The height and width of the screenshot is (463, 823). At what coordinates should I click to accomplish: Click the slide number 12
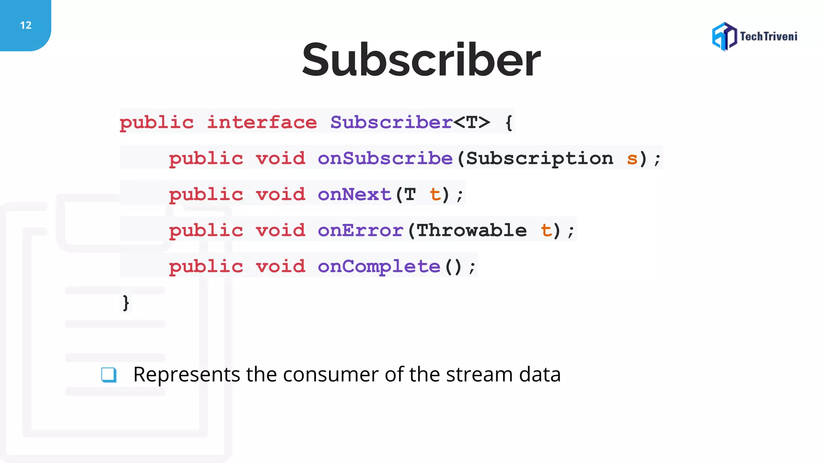[26, 25]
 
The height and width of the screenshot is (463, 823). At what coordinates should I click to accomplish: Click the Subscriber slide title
[421, 60]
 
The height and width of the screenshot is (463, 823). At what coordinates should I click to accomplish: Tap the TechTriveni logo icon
[724, 37]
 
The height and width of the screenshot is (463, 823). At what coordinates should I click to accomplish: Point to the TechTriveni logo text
[768, 37]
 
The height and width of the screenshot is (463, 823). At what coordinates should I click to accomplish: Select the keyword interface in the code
[262, 122]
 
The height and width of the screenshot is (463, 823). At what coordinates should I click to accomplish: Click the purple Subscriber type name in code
[391, 122]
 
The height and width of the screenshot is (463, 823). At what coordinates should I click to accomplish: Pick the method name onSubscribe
[385, 158]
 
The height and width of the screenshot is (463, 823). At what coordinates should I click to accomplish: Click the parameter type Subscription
[539, 158]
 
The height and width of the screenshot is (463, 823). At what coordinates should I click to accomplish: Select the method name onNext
[354, 195]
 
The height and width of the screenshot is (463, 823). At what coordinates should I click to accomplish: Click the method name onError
[360, 230]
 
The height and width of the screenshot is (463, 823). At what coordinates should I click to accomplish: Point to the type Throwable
[471, 230]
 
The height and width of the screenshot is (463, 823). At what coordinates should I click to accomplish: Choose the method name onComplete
[379, 266]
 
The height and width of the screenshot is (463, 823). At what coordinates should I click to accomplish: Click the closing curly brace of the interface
[126, 303]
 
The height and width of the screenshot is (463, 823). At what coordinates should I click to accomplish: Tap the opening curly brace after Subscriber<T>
[509, 123]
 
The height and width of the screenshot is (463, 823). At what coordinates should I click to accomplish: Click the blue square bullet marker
[109, 375]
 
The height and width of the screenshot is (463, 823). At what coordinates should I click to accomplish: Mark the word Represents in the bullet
[186, 375]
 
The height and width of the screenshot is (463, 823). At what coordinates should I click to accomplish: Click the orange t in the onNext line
[435, 195]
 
